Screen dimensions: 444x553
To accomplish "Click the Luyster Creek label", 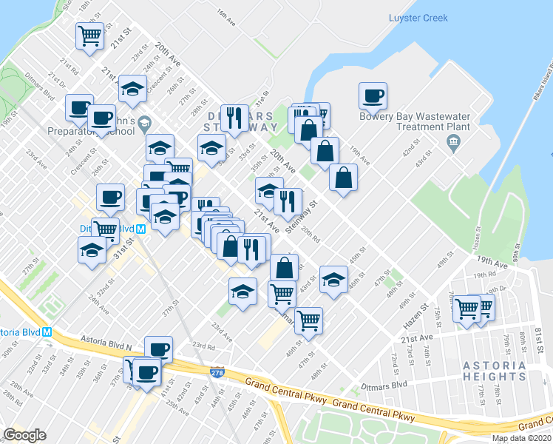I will (x=418, y=18).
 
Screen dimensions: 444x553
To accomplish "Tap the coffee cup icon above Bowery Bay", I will (x=373, y=95).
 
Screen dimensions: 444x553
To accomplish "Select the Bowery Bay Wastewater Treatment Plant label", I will (x=415, y=121).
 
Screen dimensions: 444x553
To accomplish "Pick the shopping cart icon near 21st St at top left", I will (x=89, y=35).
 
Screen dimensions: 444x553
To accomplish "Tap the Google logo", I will (x=24, y=435).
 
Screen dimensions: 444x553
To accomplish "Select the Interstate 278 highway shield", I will (x=217, y=374).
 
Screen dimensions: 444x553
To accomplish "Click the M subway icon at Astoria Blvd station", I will (x=47, y=332).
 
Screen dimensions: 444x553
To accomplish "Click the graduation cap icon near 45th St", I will (x=334, y=279).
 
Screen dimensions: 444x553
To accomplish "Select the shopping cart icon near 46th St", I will (x=308, y=320).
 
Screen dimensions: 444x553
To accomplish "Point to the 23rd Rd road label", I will (x=203, y=345).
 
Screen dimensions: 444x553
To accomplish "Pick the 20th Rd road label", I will (x=310, y=236).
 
